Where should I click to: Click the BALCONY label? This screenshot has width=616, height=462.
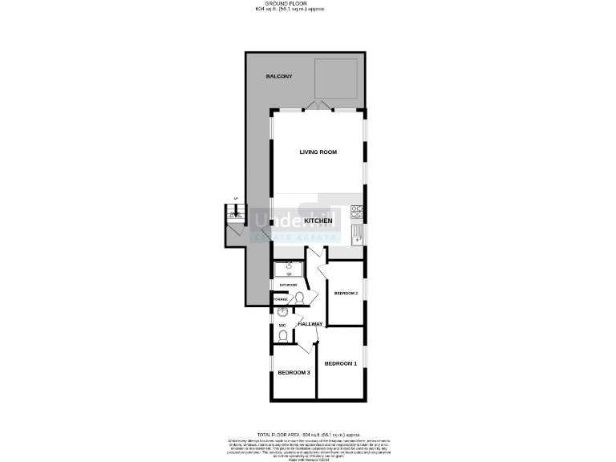point(279,76)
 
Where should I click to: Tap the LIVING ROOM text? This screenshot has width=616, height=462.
point(318,152)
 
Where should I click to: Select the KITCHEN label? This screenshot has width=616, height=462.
point(318,219)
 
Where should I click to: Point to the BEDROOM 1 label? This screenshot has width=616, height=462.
point(340,364)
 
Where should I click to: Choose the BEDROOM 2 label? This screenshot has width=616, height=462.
point(346,294)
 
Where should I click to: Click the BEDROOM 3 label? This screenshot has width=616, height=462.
point(294,372)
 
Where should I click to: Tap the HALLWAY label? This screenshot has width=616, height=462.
point(310,324)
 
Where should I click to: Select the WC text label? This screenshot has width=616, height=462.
point(282,325)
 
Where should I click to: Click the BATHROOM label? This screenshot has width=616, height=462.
point(288,285)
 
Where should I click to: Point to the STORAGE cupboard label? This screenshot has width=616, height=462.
point(280,300)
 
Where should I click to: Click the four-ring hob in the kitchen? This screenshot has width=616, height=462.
point(358,214)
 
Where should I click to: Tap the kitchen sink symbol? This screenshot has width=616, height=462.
point(358,234)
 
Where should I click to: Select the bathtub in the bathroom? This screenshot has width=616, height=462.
point(289,269)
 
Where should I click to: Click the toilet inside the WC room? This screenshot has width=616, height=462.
point(283,335)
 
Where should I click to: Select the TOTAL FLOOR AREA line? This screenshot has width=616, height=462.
point(308,433)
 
